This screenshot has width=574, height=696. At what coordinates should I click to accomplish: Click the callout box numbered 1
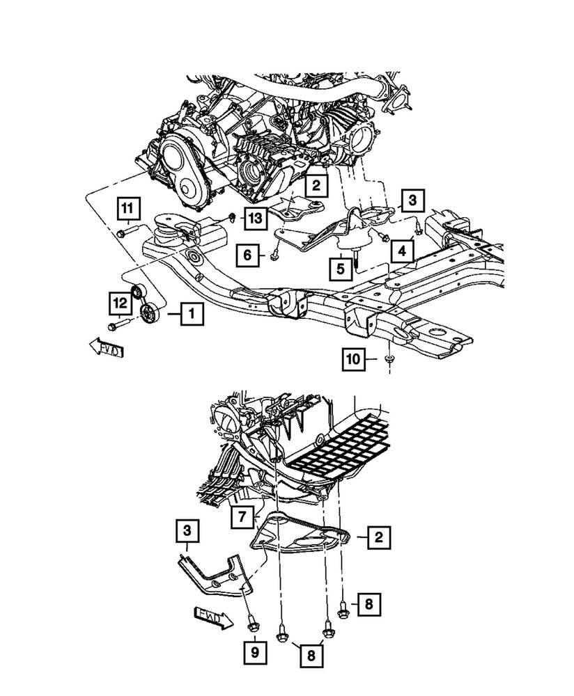(192, 315)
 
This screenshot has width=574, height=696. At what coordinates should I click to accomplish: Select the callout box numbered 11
(127, 207)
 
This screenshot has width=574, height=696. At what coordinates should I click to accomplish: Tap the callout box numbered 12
(119, 303)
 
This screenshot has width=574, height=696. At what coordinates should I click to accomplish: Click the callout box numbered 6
(247, 256)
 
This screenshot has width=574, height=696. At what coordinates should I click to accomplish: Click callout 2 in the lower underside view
(378, 537)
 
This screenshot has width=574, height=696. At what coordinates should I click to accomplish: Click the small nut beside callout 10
(389, 359)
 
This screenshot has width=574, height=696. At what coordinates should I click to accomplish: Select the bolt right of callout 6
(276, 256)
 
